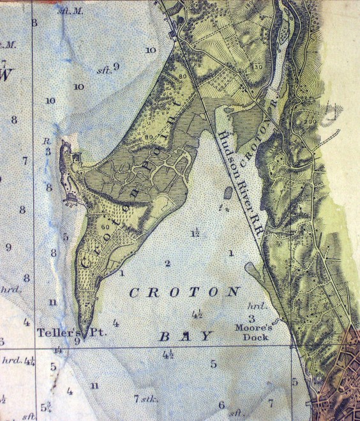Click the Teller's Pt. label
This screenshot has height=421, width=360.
click(61, 332)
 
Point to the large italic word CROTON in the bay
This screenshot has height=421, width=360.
click(184, 292)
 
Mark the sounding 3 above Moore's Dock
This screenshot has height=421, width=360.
click(251, 318)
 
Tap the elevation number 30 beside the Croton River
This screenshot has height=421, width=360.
click(258, 66)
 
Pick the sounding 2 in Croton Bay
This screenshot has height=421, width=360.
click(168, 263)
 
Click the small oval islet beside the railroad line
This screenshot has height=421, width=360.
click(229, 193)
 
